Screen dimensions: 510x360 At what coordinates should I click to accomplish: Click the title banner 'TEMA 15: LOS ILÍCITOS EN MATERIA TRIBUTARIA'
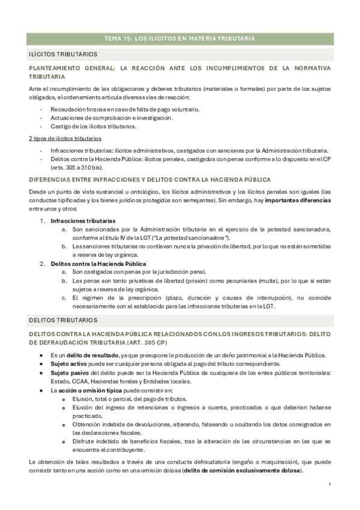(x=180, y=38)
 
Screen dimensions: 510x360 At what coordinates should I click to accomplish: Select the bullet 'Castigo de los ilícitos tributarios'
(x=94, y=126)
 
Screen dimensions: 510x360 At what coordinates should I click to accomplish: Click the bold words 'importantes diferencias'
(x=297, y=200)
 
